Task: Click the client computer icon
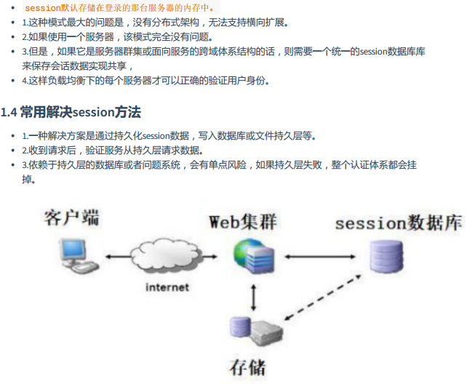tap(76, 257)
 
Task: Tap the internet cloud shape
tap(166, 257)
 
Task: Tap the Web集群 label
tap(243, 220)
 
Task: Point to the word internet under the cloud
tap(167, 287)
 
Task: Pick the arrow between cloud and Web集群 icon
tap(215, 257)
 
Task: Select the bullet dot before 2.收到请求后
tap(15, 151)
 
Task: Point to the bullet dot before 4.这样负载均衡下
tap(15, 81)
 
